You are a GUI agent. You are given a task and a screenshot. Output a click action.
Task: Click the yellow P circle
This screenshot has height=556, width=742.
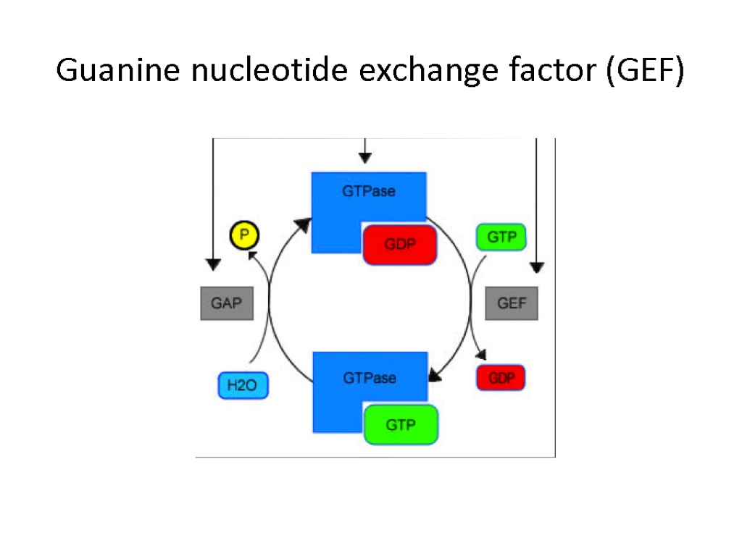(x=244, y=235)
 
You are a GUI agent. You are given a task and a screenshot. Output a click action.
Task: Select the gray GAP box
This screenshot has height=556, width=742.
(x=227, y=303)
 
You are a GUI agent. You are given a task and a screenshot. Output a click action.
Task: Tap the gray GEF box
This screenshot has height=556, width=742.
(x=512, y=303)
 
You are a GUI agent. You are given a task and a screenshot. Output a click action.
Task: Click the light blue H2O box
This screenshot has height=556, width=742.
(x=243, y=385)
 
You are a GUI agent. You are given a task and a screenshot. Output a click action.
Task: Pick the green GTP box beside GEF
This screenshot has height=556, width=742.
(x=501, y=237)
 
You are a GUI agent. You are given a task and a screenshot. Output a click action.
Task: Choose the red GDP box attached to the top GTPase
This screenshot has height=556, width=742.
(x=400, y=245)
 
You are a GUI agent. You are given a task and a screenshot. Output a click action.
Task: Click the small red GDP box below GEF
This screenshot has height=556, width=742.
(x=501, y=378)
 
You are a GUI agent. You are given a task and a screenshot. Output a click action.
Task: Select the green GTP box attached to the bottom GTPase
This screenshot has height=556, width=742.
(x=401, y=425)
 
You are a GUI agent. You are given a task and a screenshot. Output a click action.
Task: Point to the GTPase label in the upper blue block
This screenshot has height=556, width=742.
(x=369, y=192)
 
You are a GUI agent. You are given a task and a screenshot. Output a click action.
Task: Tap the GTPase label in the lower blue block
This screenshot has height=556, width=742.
(x=370, y=378)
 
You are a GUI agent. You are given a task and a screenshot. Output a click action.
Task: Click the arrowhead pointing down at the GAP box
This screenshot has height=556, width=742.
(x=212, y=264)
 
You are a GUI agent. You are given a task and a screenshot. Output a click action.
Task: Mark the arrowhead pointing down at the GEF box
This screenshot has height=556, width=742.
(x=537, y=267)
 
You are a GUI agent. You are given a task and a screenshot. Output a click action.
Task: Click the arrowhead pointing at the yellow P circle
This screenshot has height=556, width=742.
(x=250, y=254)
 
